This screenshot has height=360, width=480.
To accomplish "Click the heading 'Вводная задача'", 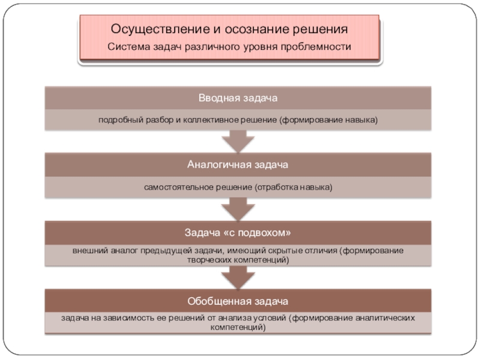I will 238,98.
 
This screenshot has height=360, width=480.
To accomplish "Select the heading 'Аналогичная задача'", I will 238,164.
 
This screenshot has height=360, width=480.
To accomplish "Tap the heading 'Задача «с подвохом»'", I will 238,232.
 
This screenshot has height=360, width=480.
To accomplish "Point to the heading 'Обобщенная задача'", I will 238,299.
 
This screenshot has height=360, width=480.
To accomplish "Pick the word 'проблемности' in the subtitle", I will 320,46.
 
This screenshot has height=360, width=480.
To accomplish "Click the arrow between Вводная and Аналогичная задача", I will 238,142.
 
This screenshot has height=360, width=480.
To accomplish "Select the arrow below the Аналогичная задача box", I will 238,209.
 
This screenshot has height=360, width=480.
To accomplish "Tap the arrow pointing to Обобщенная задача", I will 238,278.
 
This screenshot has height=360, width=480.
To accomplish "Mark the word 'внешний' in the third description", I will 88,250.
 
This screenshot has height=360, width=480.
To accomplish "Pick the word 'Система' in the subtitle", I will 125,46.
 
